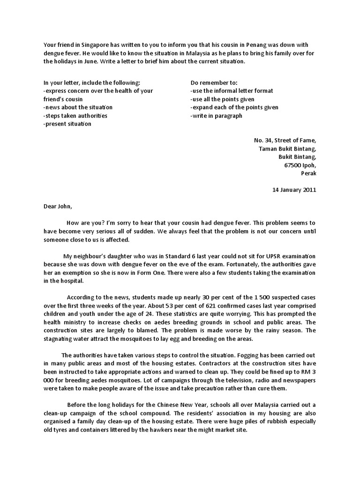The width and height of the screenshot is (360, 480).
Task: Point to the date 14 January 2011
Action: pyautogui.click(x=294, y=190)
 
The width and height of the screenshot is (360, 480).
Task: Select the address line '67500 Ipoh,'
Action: pyautogui.click(x=300, y=165)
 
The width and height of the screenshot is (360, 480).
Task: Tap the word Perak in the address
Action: pyautogui.click(x=308, y=173)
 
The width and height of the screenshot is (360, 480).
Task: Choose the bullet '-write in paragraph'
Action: pyautogui.click(x=216, y=116)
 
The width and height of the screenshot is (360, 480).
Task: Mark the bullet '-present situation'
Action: pyautogui.click(x=67, y=124)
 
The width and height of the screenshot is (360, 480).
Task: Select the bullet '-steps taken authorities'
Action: pyautogui.click(x=75, y=116)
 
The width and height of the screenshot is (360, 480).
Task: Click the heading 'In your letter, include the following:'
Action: pyautogui.click(x=91, y=82)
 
